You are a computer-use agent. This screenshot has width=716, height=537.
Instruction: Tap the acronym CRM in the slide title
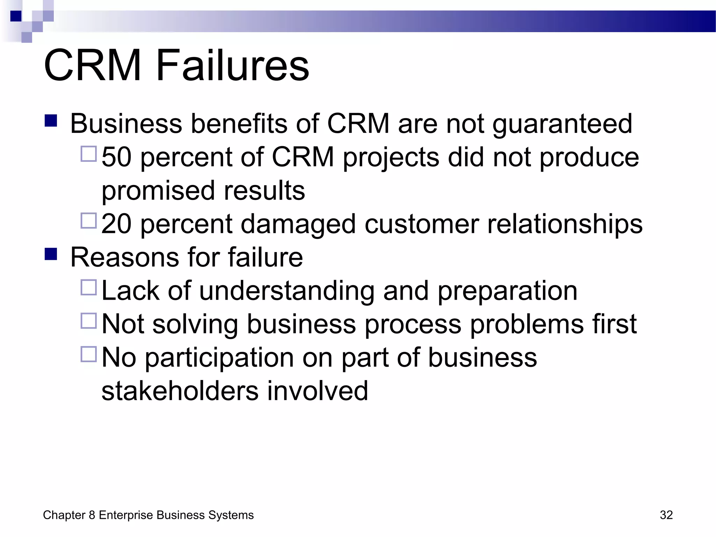coord(93,66)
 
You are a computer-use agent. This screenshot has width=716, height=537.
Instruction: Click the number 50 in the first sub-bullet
coord(116,157)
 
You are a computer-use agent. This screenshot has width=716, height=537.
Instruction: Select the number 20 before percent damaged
coord(116,224)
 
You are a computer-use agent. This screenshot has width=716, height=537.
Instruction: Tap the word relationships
coord(565,224)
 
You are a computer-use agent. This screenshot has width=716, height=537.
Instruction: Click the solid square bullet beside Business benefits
coord(51,121)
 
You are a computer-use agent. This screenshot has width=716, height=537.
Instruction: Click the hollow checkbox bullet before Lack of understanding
coord(88,287)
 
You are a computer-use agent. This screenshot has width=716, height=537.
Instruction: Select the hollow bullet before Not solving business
coord(88,321)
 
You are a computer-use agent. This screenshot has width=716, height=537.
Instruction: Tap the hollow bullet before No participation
coord(88,354)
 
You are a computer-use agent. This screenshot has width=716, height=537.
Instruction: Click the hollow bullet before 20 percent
coord(88,221)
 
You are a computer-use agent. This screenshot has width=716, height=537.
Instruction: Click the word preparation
coord(507,291)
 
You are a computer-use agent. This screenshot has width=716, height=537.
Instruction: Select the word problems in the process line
coord(527,324)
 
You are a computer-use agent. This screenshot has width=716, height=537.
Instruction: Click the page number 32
coord(666,515)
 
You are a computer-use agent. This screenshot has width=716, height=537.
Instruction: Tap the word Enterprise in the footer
coord(126,515)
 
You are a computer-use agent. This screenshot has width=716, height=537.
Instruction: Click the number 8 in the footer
coord(92,515)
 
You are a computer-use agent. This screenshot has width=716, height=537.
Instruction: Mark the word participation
coord(220,358)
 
